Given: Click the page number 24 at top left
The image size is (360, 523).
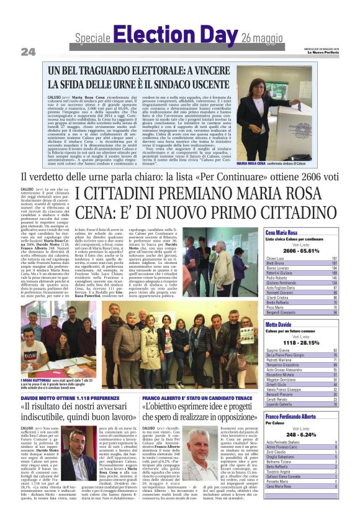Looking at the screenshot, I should [28, 50].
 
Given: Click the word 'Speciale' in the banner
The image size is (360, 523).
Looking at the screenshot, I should [92, 39].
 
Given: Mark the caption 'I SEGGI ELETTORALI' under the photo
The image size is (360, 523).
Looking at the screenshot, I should [35, 380].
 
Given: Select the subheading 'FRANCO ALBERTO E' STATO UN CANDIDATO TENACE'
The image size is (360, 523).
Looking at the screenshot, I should [195, 396].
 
